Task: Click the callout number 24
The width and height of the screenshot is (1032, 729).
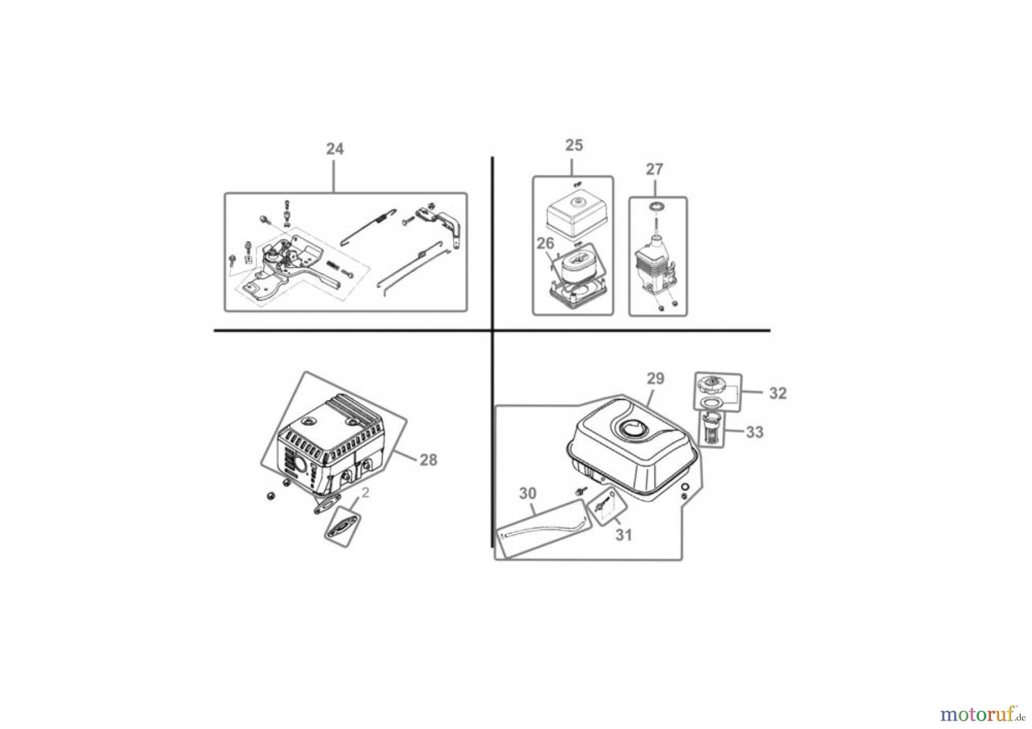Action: coord(335,149)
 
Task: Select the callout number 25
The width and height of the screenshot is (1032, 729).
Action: coord(573,146)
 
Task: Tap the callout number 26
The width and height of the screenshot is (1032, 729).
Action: coord(545,244)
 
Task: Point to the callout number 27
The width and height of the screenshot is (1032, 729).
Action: coord(654,170)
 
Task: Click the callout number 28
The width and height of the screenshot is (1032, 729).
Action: coord(428,460)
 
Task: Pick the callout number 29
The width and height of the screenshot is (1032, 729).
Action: coord(655,378)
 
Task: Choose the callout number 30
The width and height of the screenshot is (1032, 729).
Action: coord(527,493)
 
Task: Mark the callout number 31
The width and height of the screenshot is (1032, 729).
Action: coord(623,535)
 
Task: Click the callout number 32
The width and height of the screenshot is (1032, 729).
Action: coord(777,393)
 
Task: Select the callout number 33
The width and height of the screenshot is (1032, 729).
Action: coord(755,432)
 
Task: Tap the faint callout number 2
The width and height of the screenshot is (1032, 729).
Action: coord(366,493)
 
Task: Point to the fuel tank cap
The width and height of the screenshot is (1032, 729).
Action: coord(712,383)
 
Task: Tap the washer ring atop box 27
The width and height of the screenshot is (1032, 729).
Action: coord(655,206)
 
